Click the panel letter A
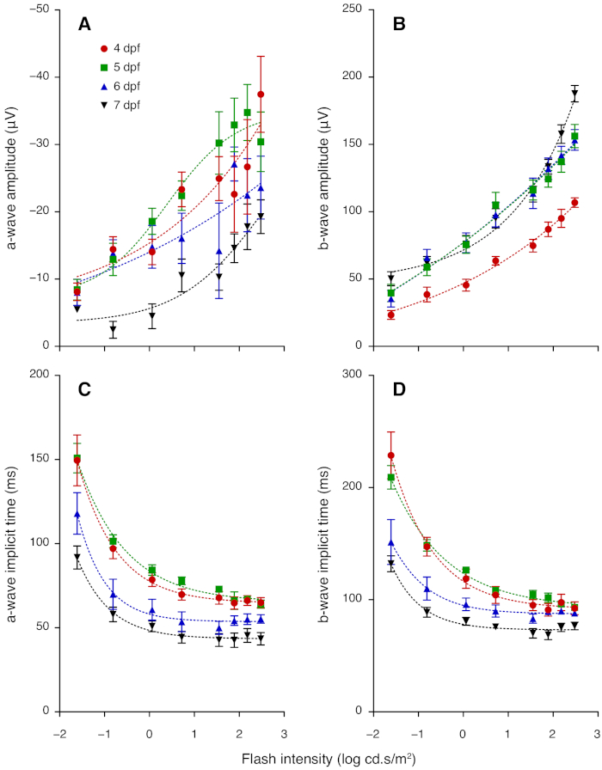point(84,26)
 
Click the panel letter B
point(398,26)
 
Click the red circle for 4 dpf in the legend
point(105,48)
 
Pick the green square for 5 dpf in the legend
point(105,67)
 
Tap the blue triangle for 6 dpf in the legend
point(105,86)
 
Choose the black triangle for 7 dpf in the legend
point(105,105)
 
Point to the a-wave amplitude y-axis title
point(13,178)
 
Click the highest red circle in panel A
point(261,95)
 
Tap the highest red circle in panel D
point(391,455)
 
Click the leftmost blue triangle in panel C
point(77,515)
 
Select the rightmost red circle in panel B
point(574,203)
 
